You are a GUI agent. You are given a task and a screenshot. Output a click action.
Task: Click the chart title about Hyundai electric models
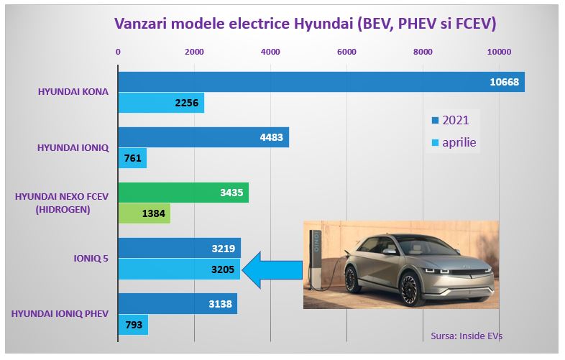coord(306,24)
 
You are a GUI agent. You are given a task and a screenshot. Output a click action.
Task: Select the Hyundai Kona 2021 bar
coord(321,82)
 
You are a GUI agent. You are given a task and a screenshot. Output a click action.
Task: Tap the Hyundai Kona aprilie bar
coord(162,103)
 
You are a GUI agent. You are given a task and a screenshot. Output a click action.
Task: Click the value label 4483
coord(271,137)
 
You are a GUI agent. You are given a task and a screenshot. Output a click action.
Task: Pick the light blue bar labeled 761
coord(132,158)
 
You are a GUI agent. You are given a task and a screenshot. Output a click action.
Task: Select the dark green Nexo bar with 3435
coord(183,193)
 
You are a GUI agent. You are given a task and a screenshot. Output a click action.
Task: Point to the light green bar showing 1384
coord(144,213)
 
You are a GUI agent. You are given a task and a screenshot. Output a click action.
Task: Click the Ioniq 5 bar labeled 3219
coord(180,248)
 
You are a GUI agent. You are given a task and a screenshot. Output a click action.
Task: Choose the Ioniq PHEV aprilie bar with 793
coord(133,325)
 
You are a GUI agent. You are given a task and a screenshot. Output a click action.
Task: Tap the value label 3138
coord(220,304)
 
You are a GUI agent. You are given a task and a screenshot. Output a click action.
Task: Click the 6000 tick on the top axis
coord(346,52)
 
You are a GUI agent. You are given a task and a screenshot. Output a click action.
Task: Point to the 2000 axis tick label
coord(194,52)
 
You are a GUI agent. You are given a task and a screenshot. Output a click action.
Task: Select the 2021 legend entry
coord(451,120)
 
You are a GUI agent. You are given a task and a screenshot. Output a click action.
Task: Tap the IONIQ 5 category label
coord(91,259)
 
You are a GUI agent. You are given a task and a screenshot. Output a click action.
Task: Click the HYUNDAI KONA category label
coord(73,91)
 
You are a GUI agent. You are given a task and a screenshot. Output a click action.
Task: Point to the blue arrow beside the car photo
coord(272,270)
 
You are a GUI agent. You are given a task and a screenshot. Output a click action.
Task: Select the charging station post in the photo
coord(316,260)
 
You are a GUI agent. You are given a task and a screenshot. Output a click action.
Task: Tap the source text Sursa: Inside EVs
coord(467,336)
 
